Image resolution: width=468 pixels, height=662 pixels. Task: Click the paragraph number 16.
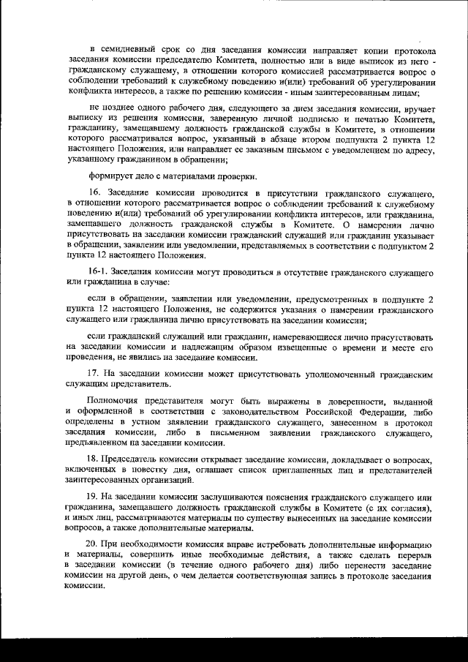[94, 192]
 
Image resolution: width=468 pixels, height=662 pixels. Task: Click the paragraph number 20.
[94, 546]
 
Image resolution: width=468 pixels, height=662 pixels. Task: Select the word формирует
[110, 176]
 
